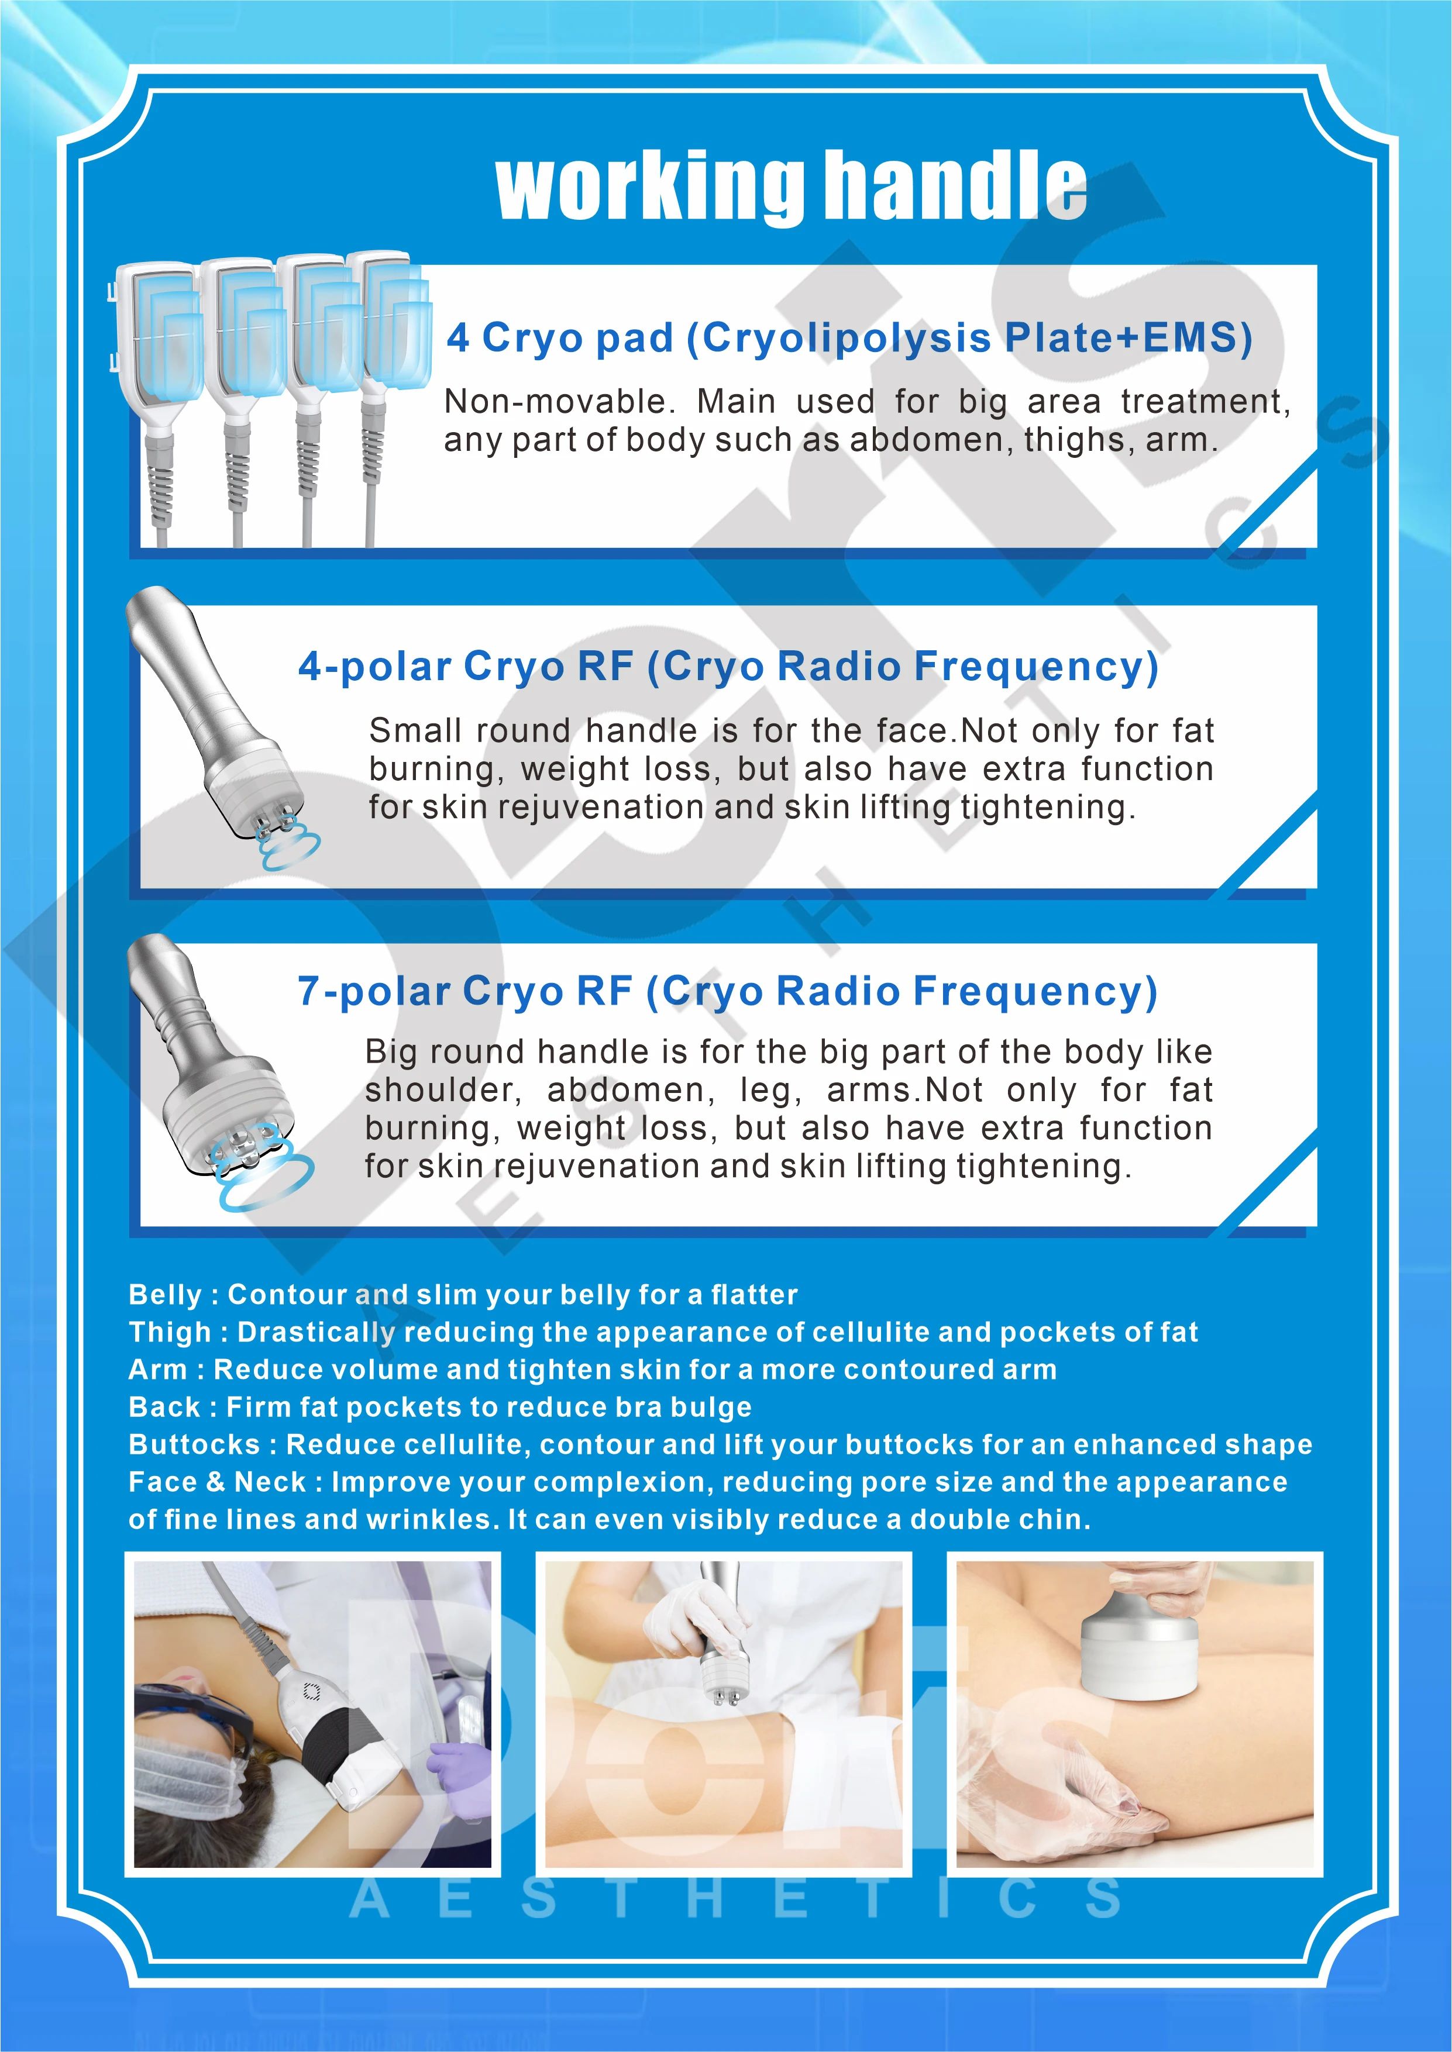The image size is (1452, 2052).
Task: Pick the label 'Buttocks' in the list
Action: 194,1444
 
